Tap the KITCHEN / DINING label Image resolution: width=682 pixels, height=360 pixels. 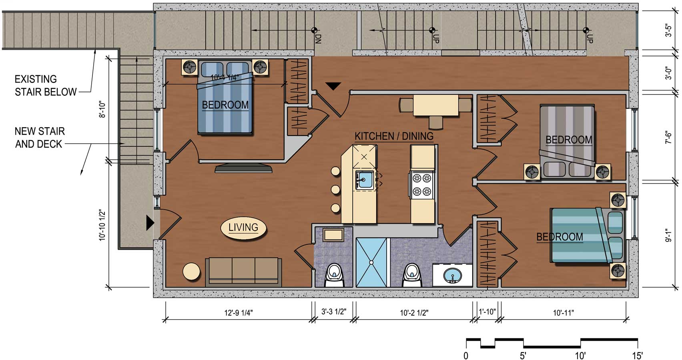394,136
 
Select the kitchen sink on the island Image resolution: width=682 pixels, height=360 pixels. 364,180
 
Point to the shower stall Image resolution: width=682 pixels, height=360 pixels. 371,262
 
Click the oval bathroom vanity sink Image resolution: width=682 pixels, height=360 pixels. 452,276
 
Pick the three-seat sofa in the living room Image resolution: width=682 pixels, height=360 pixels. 243,272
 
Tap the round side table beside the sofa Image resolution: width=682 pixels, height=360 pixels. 191,271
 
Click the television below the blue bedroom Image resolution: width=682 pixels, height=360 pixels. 244,168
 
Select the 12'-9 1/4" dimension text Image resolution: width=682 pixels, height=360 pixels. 239,312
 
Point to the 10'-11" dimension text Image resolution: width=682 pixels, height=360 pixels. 564,312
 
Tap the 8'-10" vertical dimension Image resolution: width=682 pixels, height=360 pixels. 102,110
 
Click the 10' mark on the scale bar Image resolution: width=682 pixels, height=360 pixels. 580,355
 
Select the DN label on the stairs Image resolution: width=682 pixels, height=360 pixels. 318,39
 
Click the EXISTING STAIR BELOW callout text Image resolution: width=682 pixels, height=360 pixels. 46,86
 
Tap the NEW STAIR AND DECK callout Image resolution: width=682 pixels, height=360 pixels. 40,138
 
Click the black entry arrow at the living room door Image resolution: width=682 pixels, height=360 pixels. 150,223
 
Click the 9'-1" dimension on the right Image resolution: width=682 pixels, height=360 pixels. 668,235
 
